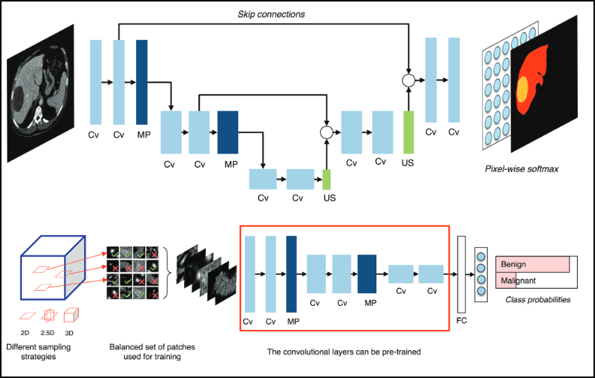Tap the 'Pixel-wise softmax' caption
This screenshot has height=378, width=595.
coord(521,169)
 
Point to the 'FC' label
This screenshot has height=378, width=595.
coord(461,321)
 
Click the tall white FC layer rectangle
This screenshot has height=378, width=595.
coord(461,274)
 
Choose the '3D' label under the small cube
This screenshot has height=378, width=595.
coord(71,333)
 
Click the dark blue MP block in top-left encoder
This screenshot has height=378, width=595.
coord(142,82)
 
